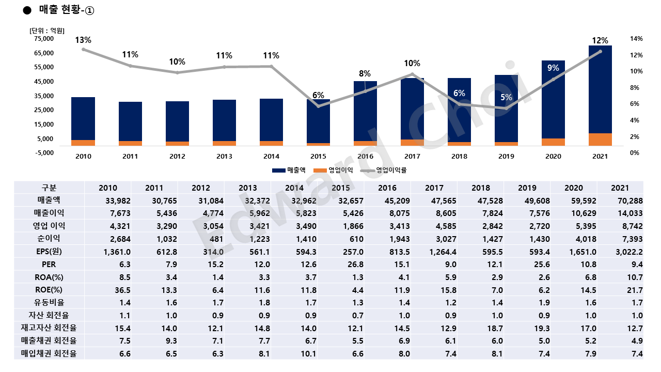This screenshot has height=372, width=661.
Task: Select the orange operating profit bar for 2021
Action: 600,139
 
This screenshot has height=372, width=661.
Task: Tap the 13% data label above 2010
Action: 83,40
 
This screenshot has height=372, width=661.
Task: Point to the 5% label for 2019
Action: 506,97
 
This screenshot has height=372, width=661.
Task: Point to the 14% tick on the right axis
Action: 636,39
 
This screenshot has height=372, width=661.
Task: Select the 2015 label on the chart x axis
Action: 318,156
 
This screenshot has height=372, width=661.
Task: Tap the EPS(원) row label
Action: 50,252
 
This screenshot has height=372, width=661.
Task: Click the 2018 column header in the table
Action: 480,188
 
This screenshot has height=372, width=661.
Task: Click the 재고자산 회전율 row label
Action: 50,328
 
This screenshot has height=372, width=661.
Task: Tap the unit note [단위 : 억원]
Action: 47,30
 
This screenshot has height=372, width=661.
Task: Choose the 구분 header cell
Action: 50,188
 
